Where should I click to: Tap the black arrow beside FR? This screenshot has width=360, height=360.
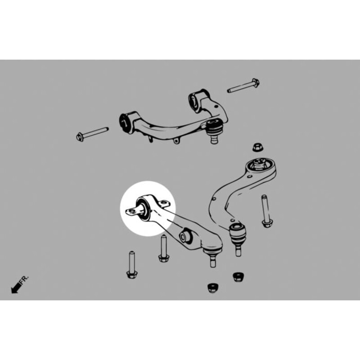(16, 288)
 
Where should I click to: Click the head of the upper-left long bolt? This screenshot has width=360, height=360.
(80, 137)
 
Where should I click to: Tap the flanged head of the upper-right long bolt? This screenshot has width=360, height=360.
(256, 82)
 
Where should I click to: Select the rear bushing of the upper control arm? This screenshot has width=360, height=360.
(194, 102)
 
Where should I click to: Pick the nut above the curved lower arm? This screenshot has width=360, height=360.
(258, 148)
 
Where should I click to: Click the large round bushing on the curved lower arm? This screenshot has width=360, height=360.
(259, 164)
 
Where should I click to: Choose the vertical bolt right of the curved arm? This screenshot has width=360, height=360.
(266, 211)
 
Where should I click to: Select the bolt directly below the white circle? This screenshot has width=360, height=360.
(163, 249)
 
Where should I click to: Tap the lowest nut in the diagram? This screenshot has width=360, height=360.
(212, 288)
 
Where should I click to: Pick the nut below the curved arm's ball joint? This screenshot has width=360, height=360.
(238, 277)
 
